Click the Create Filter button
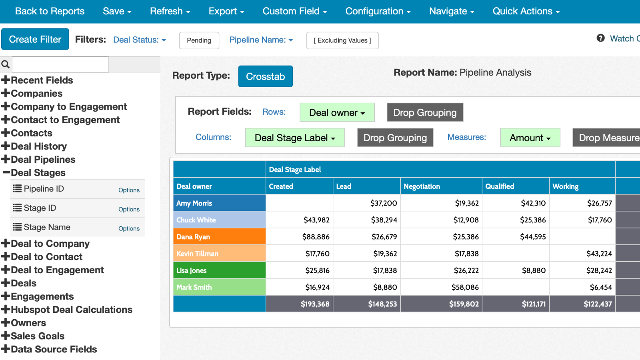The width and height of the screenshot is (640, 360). (x=35, y=39)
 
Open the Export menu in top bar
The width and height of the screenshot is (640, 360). (x=226, y=11)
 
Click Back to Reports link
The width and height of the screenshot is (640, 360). (x=50, y=11)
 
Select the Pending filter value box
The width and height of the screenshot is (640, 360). (x=199, y=40)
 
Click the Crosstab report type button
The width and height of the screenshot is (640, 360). (x=265, y=76)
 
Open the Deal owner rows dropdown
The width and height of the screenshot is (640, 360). (x=337, y=113)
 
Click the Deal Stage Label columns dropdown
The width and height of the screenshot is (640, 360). (x=295, y=138)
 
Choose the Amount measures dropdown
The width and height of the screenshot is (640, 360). (x=530, y=138)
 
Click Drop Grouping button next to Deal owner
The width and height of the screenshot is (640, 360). (x=425, y=113)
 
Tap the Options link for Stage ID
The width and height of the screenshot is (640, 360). (x=129, y=209)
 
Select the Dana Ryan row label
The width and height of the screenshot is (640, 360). (x=193, y=237)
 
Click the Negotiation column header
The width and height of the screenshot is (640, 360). (x=422, y=186)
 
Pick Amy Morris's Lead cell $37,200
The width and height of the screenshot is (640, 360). (x=383, y=203)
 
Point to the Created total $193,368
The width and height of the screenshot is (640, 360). (x=315, y=304)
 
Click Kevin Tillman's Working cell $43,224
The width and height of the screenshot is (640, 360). (x=599, y=254)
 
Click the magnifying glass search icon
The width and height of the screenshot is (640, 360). (x=6, y=64)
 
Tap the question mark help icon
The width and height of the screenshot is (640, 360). (x=600, y=38)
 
